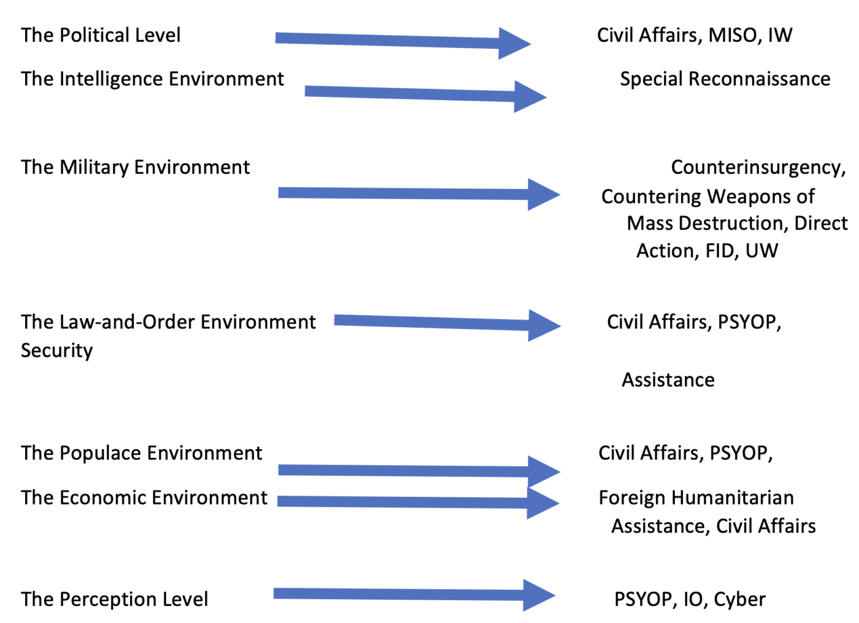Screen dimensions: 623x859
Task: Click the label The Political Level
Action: coord(101,35)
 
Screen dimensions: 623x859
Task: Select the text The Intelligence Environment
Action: coord(152,79)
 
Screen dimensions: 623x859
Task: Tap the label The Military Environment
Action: coord(135,167)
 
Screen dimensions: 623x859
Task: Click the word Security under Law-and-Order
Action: coord(56,350)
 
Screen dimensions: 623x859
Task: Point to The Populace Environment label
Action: coord(141,453)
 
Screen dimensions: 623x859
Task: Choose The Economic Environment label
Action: coord(144,497)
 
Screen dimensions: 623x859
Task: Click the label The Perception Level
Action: coord(114,599)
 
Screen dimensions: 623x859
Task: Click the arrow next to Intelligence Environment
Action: coord(423,94)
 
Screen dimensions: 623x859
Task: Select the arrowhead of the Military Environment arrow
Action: coord(542,195)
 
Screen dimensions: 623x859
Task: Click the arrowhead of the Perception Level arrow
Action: coord(537,595)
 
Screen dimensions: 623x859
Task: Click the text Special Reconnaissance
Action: coord(725,79)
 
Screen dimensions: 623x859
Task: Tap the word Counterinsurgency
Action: coord(757,167)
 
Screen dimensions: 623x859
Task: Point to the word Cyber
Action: coord(739,599)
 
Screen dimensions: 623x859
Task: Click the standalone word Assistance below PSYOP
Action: coord(668,380)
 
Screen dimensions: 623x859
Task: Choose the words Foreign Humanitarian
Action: coord(696,497)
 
